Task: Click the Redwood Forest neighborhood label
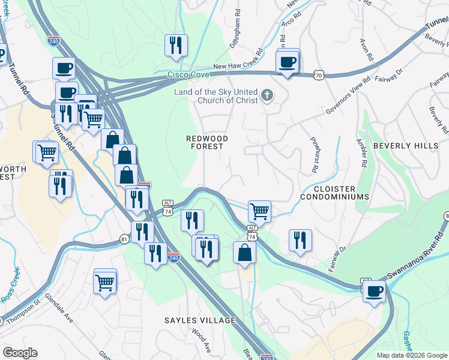click(x=207, y=142)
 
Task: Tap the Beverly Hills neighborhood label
click(x=405, y=146)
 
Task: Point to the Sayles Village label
click(x=200, y=320)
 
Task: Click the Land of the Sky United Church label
click(x=216, y=96)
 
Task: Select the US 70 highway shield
click(x=319, y=75)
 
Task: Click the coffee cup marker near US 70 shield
click(x=288, y=62)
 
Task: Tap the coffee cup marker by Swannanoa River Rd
click(x=375, y=292)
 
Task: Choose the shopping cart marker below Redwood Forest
click(x=259, y=211)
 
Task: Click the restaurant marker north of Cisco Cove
click(x=176, y=45)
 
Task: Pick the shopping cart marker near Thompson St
click(x=105, y=281)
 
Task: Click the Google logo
click(x=20, y=353)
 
